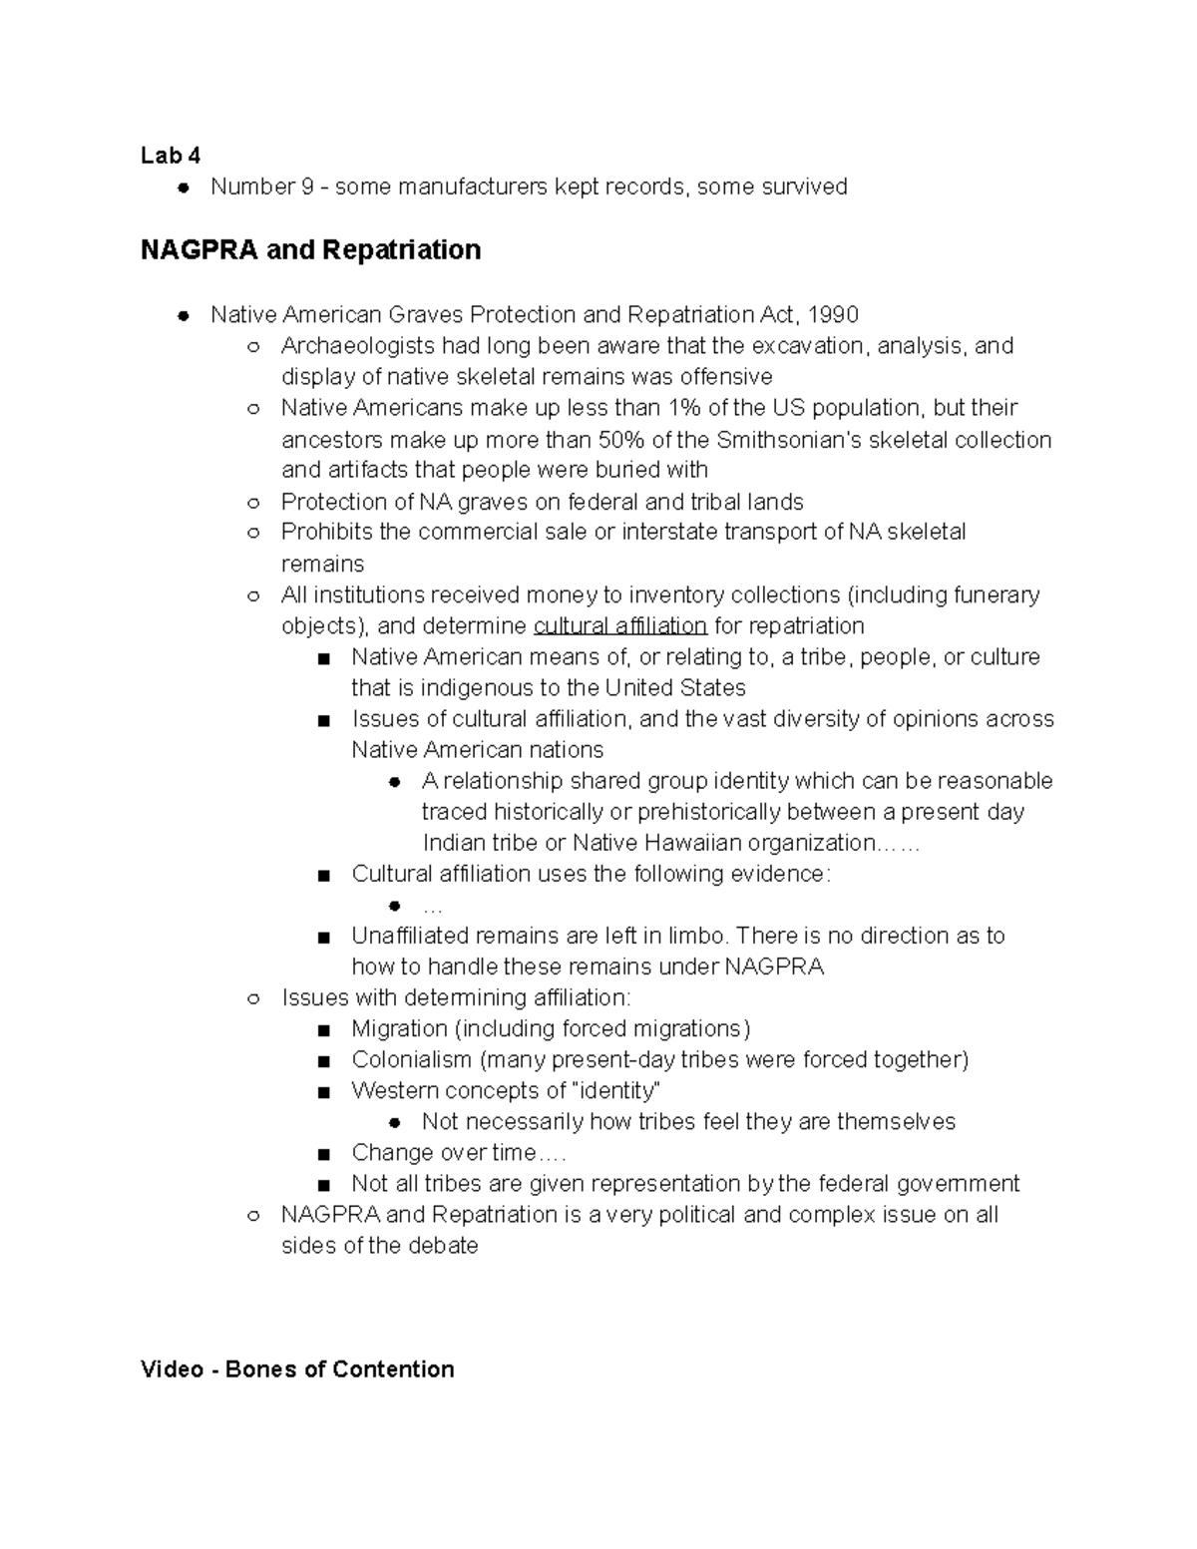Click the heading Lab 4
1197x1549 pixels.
(x=170, y=156)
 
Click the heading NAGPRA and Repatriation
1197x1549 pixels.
(x=310, y=249)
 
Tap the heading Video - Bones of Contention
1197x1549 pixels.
(x=297, y=1368)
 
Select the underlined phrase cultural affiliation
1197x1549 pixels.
(x=620, y=626)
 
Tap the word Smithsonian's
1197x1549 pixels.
(x=787, y=440)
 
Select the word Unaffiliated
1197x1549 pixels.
(x=409, y=936)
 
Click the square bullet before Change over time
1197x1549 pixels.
(x=322, y=1154)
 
